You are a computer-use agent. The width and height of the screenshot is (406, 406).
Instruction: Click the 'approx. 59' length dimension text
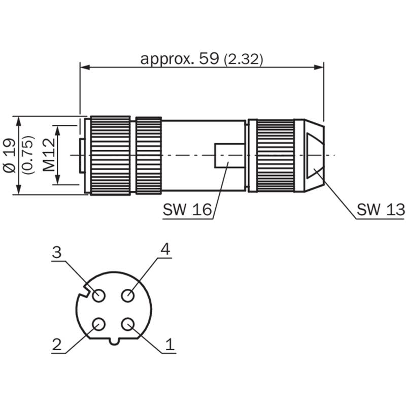pos(180,60)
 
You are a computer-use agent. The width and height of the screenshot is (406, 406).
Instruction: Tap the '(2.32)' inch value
pos(243,60)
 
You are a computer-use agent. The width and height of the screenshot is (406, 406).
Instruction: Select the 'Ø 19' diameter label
pos(10,155)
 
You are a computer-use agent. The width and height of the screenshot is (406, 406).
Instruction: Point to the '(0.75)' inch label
pos(28,155)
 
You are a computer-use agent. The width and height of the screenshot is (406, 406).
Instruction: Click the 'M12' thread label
pos(49,155)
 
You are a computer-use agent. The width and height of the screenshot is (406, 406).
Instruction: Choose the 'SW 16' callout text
pos(187,210)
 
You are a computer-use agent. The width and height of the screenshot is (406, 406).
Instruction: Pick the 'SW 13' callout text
pos(380,210)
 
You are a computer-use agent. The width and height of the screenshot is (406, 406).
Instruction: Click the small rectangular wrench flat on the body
pos(230,155)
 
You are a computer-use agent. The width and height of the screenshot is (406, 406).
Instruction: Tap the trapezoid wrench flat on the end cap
pos(315,155)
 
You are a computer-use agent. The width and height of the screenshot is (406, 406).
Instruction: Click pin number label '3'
pos(57,252)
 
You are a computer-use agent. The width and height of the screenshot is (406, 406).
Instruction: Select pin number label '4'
pos(165,250)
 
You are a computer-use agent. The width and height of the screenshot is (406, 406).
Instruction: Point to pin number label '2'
pos(57,345)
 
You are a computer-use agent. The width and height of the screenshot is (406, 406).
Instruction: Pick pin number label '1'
pos(170,345)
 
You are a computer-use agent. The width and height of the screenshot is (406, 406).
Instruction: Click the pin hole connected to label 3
pos(98,295)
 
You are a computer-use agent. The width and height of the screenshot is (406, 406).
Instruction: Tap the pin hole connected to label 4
pos(128,295)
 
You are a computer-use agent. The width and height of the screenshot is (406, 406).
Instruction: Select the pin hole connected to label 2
pos(98,324)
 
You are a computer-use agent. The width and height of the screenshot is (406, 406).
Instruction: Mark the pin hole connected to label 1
pos(128,324)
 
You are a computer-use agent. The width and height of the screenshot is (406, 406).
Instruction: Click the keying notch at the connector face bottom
pos(114,341)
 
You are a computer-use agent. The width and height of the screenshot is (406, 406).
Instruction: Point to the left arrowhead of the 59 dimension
pos(85,67)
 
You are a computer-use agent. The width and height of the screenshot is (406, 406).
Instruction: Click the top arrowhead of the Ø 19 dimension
pos(19,121)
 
